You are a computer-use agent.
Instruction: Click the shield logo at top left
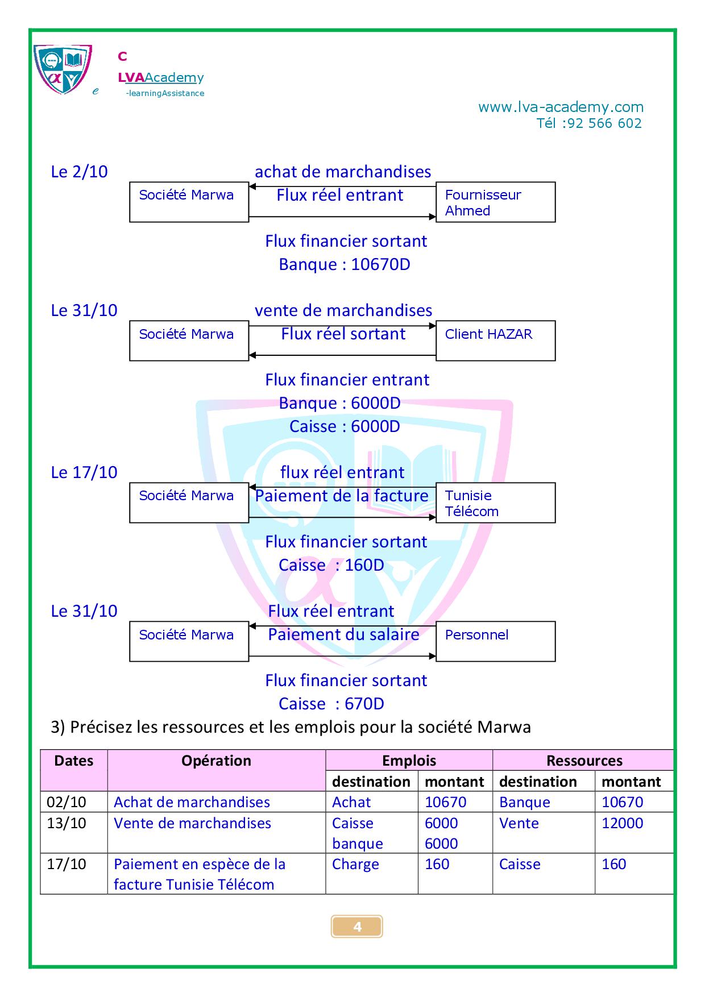coord(62,69)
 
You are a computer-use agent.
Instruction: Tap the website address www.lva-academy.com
coord(561,107)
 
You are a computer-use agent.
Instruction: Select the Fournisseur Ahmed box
coord(495,202)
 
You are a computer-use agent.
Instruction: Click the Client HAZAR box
coord(495,340)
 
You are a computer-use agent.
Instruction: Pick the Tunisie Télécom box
coord(495,502)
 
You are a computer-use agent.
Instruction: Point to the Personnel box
coord(495,641)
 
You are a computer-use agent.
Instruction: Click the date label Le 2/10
coord(79,172)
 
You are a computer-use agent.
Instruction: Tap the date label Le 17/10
coord(84,472)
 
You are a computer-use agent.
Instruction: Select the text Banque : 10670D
coord(344,264)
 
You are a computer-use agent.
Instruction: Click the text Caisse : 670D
coord(331,704)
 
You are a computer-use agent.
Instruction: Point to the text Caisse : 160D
coord(331,565)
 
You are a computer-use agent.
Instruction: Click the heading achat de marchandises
coord(343,172)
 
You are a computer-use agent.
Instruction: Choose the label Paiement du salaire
coord(343,634)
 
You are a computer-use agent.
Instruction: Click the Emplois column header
coord(409,761)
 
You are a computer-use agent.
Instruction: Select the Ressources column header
coord(584,761)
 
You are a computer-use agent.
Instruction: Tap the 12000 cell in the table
coord(622,823)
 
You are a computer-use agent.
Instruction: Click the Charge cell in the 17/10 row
coord(355,864)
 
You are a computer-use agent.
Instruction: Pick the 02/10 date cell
coord(67,802)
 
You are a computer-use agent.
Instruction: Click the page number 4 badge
coord(357,927)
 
